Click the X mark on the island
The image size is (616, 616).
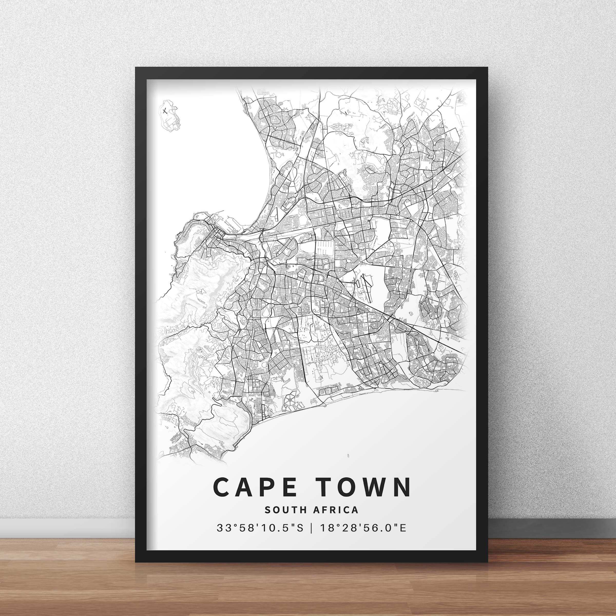(165, 111)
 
